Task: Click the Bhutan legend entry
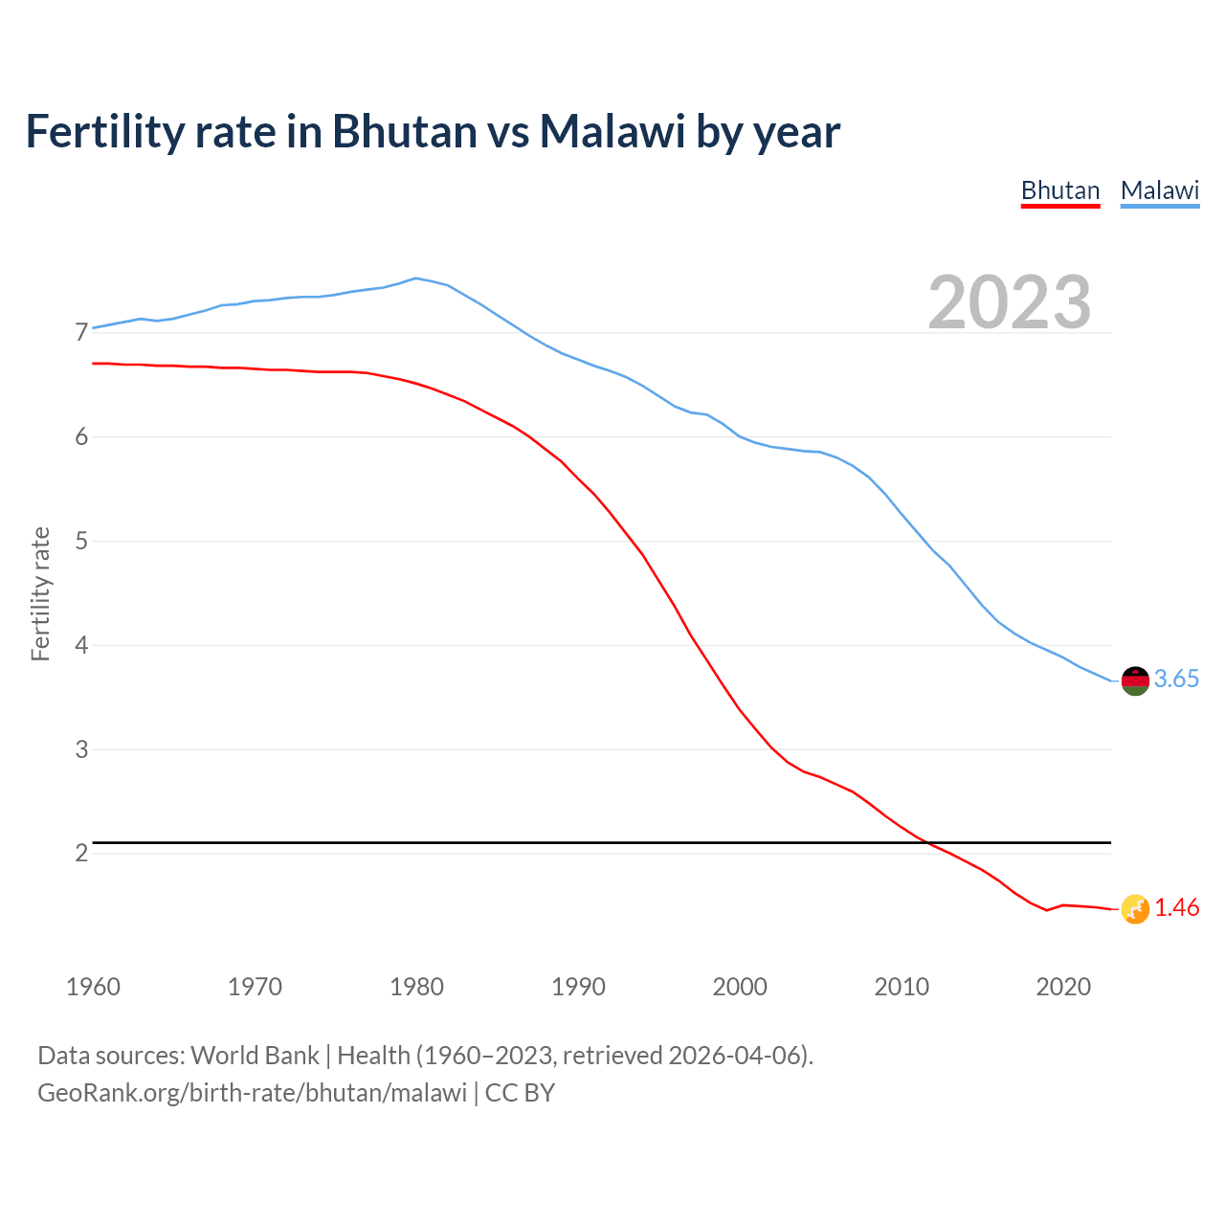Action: coord(1060,190)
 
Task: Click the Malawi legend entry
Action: coord(1160,190)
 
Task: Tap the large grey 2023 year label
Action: coord(1010,302)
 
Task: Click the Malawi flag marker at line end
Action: coord(1135,680)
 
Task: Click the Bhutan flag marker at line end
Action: coord(1135,909)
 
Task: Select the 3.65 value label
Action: coord(1176,679)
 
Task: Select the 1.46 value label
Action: coord(1176,907)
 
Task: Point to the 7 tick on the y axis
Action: coord(81,333)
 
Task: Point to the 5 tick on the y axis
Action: coord(81,542)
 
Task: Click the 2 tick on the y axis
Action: coord(81,853)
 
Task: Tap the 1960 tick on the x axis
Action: coord(93,987)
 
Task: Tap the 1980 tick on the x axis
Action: coord(416,987)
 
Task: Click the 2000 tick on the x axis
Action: coord(740,987)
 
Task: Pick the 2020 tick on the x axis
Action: coord(1063,987)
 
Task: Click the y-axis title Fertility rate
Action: coord(40,593)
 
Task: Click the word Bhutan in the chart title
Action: coord(404,131)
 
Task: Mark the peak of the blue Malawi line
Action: coord(415,278)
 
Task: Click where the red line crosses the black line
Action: coord(924,842)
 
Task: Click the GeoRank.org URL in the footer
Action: coord(252,1092)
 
